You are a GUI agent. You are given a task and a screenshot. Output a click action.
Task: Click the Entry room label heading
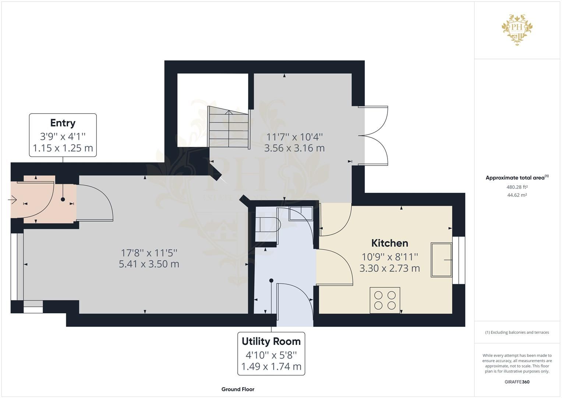coord(63,123)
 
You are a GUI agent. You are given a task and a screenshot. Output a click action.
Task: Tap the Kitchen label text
coord(389,243)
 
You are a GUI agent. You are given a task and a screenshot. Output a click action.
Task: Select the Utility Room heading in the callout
coord(271,341)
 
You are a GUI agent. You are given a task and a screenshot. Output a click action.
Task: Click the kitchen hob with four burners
coord(385,300)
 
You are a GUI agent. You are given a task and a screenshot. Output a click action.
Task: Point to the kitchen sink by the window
coord(441,260)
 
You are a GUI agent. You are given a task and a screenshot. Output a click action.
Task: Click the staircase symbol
coord(228,127)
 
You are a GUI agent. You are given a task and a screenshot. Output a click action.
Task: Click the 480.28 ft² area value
coord(517,187)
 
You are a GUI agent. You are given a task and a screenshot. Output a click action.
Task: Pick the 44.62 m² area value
coord(517,195)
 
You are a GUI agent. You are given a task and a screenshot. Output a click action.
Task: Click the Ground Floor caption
coord(238,389)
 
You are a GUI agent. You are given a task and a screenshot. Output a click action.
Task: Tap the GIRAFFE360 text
coord(517,382)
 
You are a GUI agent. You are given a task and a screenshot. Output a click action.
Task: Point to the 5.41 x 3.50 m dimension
coord(149,264)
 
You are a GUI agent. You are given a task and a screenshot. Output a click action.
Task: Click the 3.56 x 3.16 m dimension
coord(294,148)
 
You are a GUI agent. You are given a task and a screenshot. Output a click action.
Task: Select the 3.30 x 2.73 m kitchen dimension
coord(389,268)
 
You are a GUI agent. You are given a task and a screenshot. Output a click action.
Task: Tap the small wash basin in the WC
coord(301,213)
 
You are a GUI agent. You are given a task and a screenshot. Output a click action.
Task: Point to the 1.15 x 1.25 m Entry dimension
coord(63,148)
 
